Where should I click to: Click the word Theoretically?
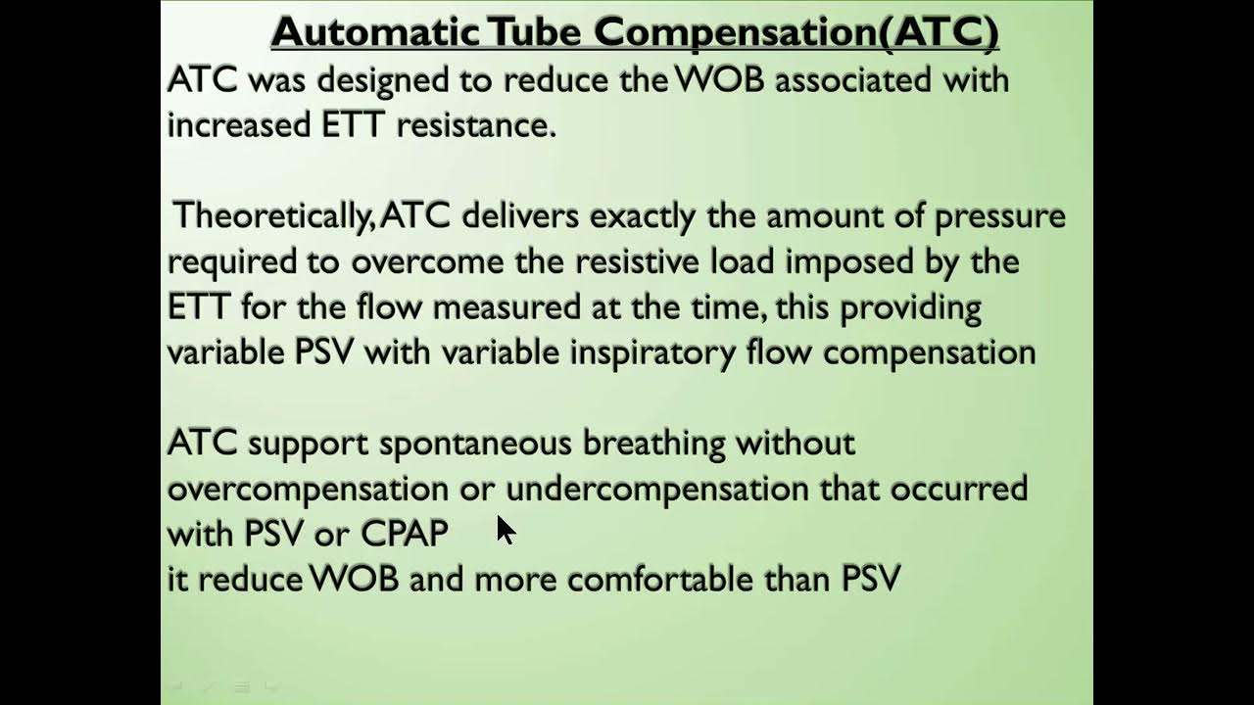[x=272, y=216]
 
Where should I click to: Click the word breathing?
[x=653, y=444]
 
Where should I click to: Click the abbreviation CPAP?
[x=405, y=534]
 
